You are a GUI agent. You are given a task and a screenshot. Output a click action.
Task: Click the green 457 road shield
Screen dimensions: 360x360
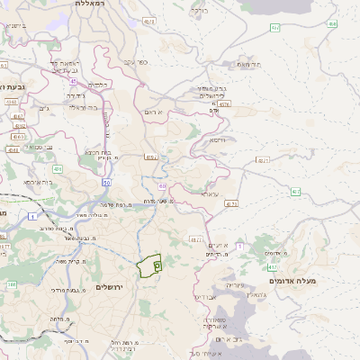click(x=274, y=28)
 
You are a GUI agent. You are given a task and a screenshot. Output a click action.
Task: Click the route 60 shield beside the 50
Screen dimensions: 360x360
click(x=162, y=185)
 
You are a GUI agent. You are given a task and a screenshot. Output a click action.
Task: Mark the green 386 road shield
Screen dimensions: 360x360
click(x=12, y=284)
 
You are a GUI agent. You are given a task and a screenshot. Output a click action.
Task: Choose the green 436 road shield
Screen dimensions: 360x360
click(x=57, y=168)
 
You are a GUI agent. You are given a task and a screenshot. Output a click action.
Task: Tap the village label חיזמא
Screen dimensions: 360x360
click(x=216, y=140)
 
